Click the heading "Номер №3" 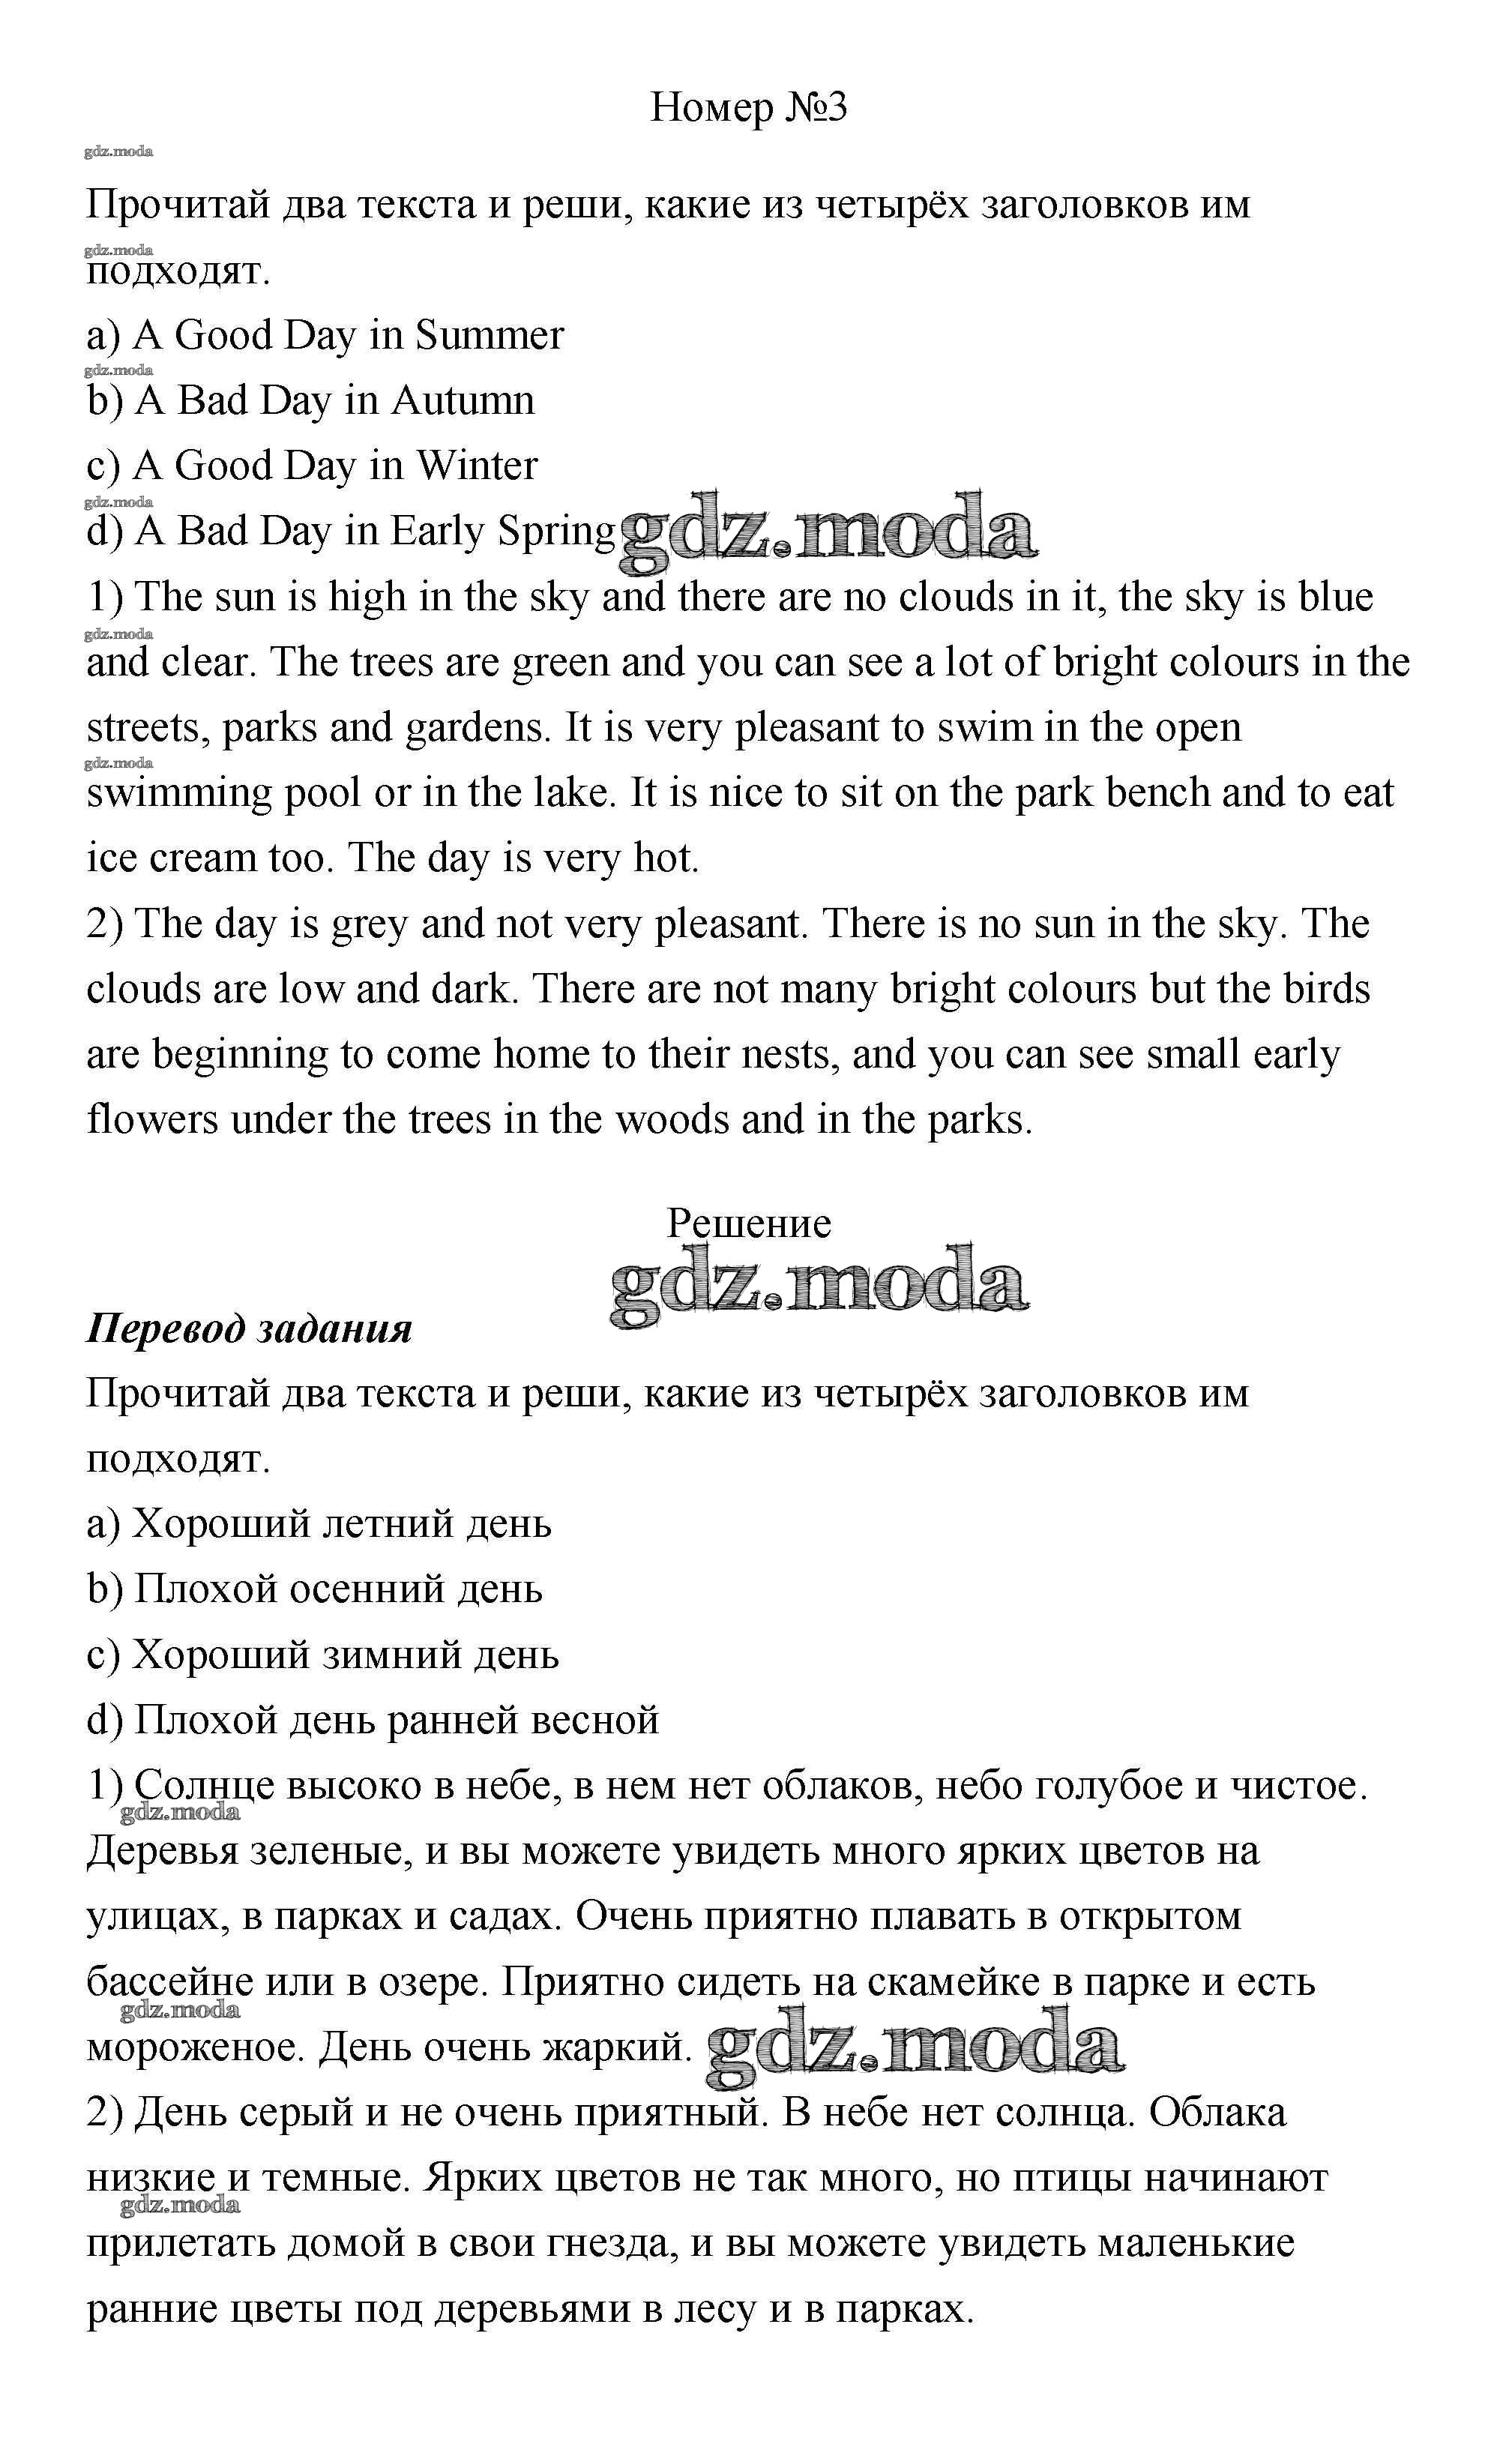coord(748,107)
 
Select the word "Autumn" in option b coord(463,400)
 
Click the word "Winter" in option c coord(477,466)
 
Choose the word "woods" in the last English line coord(672,1120)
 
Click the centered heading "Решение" coord(748,1223)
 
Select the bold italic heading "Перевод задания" coord(249,1329)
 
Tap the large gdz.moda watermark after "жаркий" coord(915,2047)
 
